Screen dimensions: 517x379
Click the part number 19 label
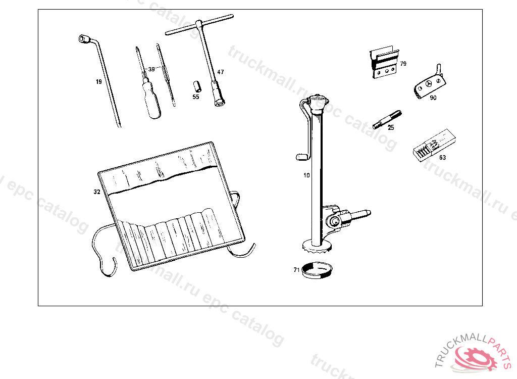pyautogui.click(x=98, y=81)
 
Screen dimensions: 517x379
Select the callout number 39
pyautogui.click(x=151, y=69)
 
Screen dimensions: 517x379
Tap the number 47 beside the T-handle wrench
pyautogui.click(x=221, y=72)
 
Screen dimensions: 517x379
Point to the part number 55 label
pyautogui.click(x=196, y=97)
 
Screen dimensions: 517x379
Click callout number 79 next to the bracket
pyautogui.click(x=403, y=64)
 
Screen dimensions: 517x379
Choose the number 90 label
pyautogui.click(x=433, y=98)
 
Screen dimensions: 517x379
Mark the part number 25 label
pyautogui.click(x=391, y=128)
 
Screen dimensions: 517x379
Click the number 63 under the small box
pyautogui.click(x=442, y=157)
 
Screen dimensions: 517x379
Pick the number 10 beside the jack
pyautogui.click(x=306, y=175)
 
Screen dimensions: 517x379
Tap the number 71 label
pyautogui.click(x=296, y=269)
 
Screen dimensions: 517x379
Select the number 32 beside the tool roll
pyautogui.click(x=96, y=192)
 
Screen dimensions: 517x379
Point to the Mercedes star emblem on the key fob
pyautogui.click(x=430, y=84)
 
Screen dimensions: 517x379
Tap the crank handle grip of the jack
pyautogui.click(x=301, y=157)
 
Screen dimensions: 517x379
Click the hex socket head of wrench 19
pyautogui.click(x=83, y=39)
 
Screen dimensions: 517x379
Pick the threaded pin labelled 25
pyautogui.click(x=386, y=119)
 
